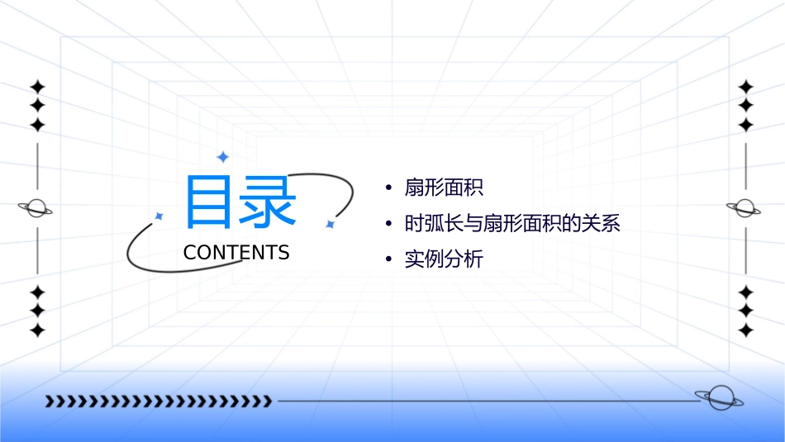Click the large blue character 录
coord(268,202)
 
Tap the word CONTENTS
coord(236,253)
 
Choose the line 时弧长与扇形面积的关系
coord(512,224)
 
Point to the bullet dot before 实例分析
coord(388,259)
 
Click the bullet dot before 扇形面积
coord(388,188)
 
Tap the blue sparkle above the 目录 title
coord(222,156)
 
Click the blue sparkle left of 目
coord(159,216)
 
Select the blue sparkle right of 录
coord(330,223)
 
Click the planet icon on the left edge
coord(36,208)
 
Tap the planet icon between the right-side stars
coord(745,208)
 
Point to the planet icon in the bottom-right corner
coord(718,398)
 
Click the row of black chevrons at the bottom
coord(158,402)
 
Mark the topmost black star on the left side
coord(37,87)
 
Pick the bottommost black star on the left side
coord(37,330)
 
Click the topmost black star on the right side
coord(746,87)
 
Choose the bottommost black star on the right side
coord(746,330)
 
